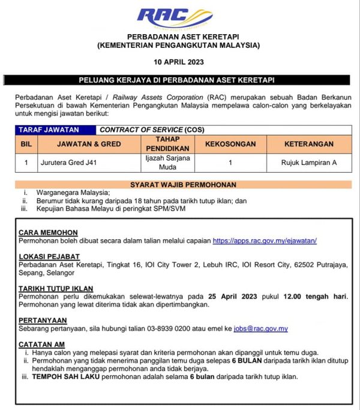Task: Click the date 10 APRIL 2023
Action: pos(179,62)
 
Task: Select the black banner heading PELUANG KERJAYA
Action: pos(179,80)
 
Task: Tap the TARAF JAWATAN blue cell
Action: pos(55,129)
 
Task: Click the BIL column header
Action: pos(26,144)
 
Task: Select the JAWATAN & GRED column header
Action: pos(88,144)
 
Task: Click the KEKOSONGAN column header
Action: pos(230,144)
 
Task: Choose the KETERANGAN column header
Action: pos(308,144)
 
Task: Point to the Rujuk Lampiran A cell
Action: pos(308,162)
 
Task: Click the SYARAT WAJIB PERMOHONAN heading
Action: pos(183,185)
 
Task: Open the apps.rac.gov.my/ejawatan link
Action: pos(265,240)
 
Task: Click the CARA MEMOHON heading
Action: pos(48,232)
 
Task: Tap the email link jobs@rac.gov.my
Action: pos(261,328)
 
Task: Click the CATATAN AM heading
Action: pos(41,344)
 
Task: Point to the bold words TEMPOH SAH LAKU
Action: pos(62,377)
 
